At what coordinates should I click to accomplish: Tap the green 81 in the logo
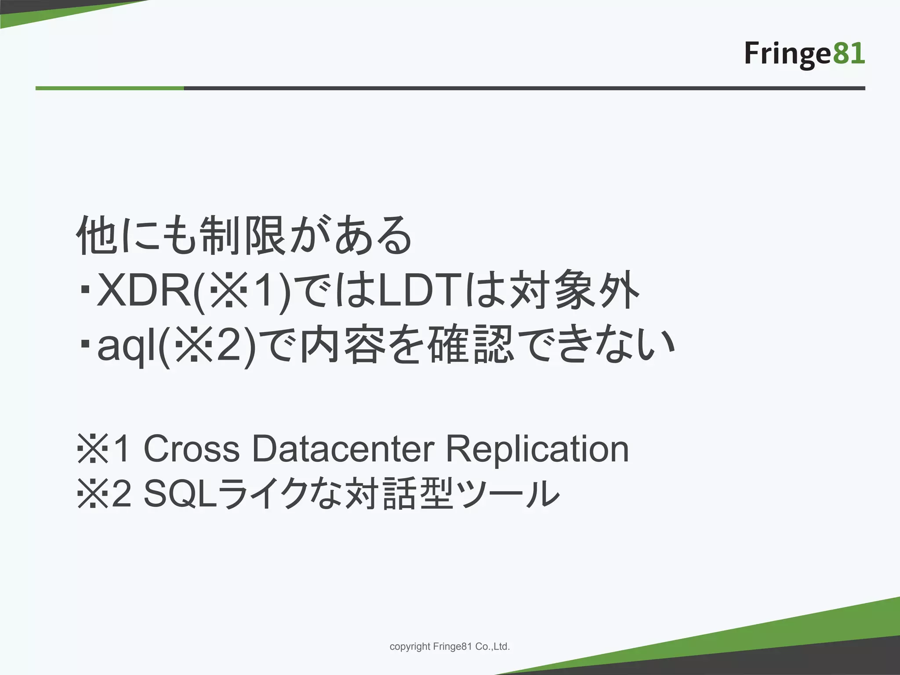click(848, 54)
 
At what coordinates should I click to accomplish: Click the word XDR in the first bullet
click(145, 290)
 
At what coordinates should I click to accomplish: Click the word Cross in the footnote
click(192, 449)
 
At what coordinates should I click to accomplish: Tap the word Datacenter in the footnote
click(343, 449)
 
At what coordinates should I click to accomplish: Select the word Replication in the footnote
click(537, 449)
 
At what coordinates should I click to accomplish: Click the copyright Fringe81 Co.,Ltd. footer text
click(450, 646)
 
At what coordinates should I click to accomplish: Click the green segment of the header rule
click(110, 88)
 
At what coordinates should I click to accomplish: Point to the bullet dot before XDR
click(85, 290)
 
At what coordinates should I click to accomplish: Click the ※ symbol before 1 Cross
click(93, 449)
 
